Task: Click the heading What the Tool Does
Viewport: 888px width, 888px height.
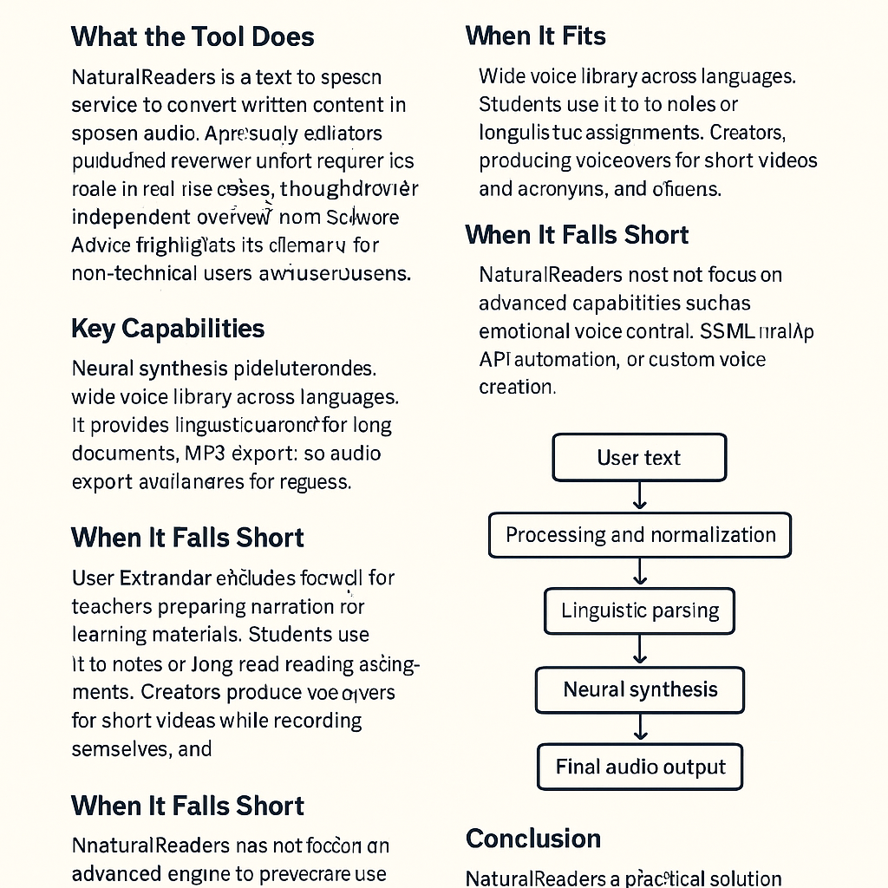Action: pos(192,36)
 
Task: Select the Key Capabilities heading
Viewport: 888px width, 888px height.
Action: pos(167,329)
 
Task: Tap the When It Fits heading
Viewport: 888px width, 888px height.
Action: pos(535,36)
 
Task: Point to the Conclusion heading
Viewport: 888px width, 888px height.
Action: pos(532,839)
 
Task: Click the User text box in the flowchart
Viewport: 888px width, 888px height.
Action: pos(639,458)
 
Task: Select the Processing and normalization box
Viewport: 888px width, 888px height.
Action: pos(640,534)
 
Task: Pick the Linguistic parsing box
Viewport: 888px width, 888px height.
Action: pos(640,610)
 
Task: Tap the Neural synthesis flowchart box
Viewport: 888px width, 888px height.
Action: pos(640,689)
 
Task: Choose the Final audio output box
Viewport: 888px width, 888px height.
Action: pos(640,767)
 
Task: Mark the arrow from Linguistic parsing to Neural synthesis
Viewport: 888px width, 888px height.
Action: pos(640,650)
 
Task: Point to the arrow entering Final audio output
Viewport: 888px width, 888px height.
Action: pos(640,728)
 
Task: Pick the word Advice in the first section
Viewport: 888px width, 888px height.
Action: pos(100,245)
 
